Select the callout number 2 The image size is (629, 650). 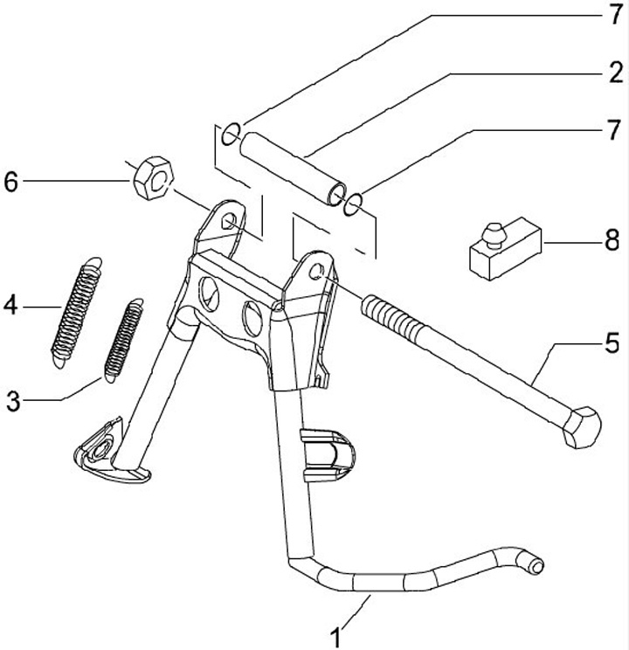615,73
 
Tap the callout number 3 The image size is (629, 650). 13,401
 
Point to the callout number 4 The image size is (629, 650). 11,307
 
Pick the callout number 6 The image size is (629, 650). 11,182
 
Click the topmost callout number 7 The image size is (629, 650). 615,13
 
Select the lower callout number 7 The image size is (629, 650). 615,132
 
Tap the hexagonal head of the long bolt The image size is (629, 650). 581,427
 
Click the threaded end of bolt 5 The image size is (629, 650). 385,313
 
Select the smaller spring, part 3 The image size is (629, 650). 124,341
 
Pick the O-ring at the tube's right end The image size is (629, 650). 354,204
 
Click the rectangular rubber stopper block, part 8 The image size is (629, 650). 504,248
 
